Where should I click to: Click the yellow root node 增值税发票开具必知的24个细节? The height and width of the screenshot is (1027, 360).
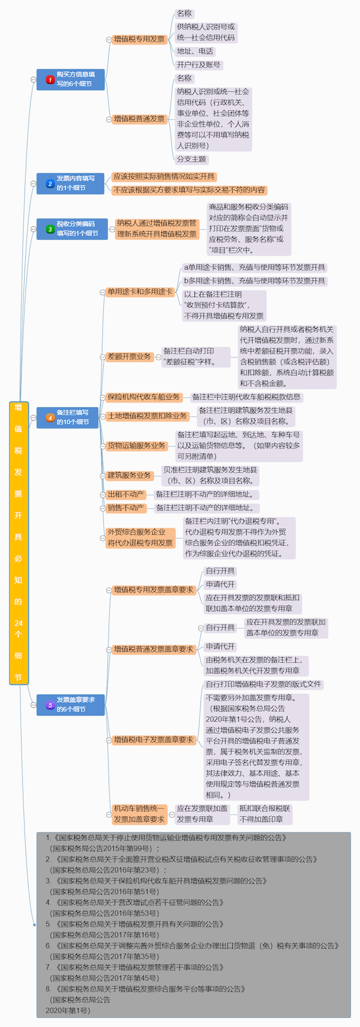coord(19,543)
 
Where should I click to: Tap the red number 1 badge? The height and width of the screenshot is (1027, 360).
coord(50,79)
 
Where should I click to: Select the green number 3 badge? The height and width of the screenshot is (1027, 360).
coord(50,229)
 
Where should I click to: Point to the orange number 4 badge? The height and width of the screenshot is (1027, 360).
coord(50,418)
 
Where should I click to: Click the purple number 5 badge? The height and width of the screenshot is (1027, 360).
coord(50,705)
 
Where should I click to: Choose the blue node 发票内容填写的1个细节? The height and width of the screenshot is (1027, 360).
coord(71,184)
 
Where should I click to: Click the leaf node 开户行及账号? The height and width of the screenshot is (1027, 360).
coord(199,65)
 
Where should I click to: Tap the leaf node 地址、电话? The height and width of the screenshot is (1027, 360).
coord(195,52)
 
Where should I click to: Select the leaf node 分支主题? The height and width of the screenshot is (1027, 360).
coord(191,159)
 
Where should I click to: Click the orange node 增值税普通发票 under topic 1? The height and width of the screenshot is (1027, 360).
coord(139,119)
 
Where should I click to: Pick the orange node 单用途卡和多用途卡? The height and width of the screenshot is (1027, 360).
coord(140,292)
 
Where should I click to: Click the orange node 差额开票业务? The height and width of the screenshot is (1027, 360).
coord(129,357)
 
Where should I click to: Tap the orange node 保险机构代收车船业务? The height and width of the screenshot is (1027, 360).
coord(144,397)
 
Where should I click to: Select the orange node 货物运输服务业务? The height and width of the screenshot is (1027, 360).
coord(136,445)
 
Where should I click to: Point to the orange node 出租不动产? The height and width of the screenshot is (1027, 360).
coord(125,494)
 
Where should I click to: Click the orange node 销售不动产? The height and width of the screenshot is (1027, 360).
coord(125,508)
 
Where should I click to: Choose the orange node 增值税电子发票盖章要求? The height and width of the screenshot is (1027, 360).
coord(154,739)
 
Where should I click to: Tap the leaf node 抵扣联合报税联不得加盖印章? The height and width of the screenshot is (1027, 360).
coord(265,814)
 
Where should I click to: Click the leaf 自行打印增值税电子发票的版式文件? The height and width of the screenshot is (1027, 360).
coord(264,684)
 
